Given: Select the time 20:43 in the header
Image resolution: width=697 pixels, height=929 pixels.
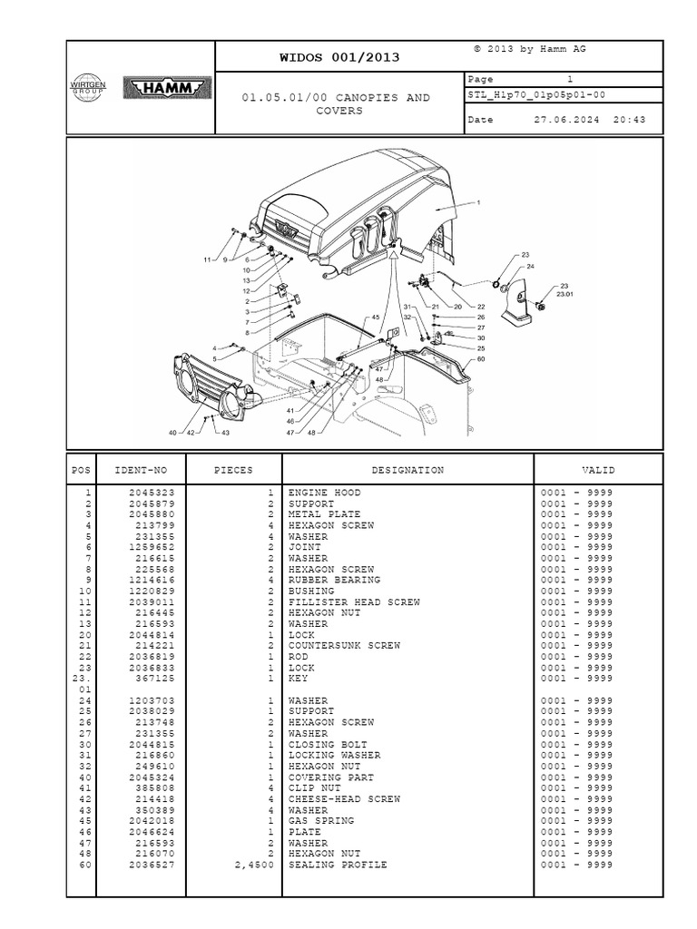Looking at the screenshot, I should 628,120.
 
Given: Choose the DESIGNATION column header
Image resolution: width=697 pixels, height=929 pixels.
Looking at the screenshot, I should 407,470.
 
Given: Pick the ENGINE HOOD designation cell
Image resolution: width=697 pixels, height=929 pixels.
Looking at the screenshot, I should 324,493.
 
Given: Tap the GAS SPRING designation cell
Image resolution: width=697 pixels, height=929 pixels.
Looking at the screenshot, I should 320,821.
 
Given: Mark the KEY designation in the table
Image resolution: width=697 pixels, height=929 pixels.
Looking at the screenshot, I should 299,679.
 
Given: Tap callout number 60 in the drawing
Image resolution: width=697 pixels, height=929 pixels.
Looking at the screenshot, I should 481,360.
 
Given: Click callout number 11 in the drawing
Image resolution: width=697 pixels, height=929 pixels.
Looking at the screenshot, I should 207,260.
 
